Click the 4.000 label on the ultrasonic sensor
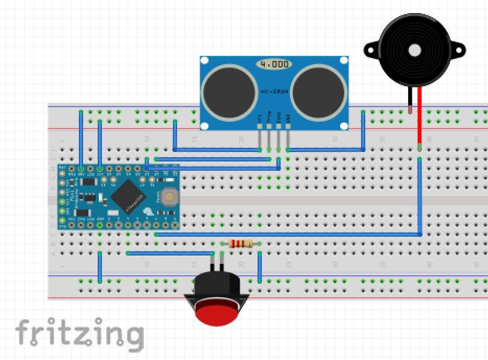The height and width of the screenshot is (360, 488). click(274, 64)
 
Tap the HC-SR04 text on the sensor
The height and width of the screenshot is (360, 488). click(274, 91)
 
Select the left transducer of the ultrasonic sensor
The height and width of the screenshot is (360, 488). click(228, 92)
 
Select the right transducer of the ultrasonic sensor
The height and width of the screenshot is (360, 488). click(319, 92)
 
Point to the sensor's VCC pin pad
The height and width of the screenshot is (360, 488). click(260, 126)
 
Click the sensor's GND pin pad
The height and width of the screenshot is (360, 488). click(288, 126)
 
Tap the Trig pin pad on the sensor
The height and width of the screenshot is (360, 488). click(269, 126)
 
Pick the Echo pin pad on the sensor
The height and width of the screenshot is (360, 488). click(278, 126)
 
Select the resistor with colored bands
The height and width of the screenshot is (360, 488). click(241, 243)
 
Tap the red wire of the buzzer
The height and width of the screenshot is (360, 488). click(420, 118)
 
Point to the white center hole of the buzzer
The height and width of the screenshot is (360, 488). click(415, 50)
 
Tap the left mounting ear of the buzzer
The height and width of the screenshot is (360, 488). click(371, 51)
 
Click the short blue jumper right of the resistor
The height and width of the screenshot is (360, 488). click(260, 268)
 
